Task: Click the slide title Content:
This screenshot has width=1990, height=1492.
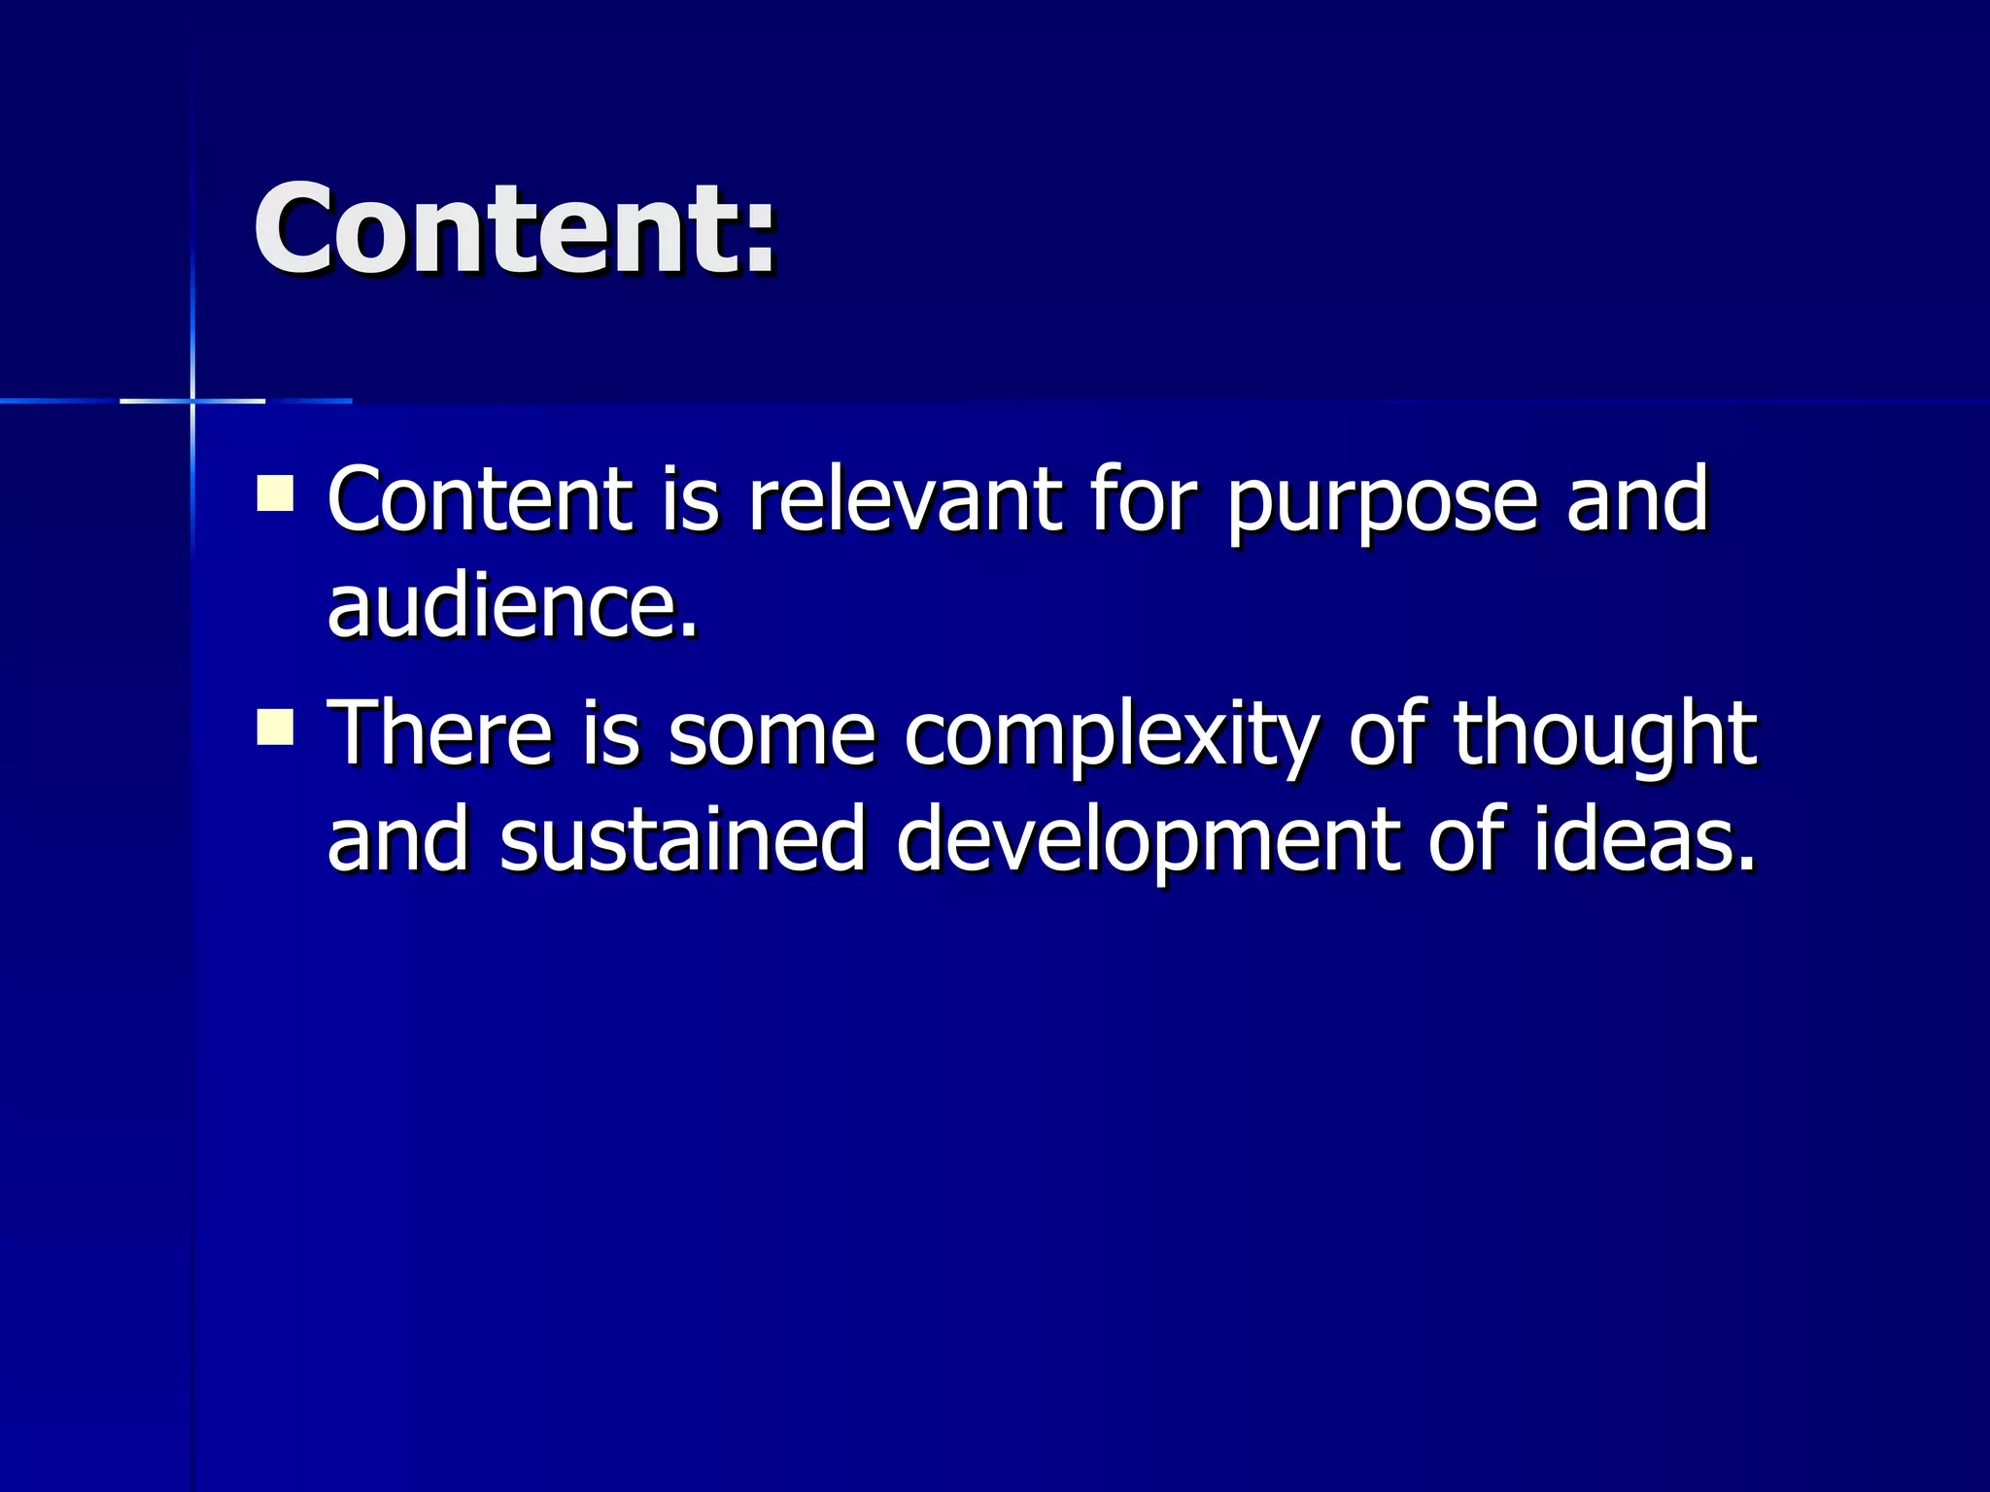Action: (x=515, y=231)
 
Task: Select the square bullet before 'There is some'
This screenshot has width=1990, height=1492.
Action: (x=275, y=727)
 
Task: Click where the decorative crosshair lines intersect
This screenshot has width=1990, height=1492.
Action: (x=192, y=400)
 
